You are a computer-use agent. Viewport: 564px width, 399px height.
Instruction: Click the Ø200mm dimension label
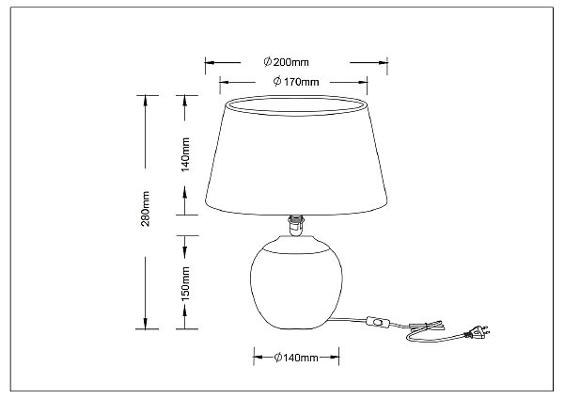coord(286,62)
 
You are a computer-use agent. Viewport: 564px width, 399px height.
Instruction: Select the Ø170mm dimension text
coord(296,82)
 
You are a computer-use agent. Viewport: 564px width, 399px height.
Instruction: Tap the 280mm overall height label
coord(146,209)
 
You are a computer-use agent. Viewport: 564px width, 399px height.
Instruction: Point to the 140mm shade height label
coord(185,154)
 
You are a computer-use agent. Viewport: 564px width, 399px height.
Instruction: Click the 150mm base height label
coord(185,284)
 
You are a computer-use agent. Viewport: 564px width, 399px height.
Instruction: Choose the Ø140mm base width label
coord(296,358)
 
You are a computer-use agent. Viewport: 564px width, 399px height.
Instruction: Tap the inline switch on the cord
coord(375,322)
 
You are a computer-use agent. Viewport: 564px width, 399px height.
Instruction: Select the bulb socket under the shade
coord(296,226)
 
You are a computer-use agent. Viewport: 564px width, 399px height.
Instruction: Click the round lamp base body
coord(296,282)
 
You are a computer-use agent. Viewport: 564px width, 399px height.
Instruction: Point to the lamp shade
coord(296,155)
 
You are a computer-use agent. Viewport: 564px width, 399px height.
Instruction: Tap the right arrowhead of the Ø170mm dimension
coord(362,83)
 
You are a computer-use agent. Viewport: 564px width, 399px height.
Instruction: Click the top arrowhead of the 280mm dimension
coord(146,101)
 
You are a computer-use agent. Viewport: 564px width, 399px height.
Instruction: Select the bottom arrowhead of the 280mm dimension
coord(146,324)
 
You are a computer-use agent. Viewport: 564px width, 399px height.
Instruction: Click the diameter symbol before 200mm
coord(267,62)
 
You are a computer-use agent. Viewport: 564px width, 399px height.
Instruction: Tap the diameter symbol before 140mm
coord(278,358)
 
